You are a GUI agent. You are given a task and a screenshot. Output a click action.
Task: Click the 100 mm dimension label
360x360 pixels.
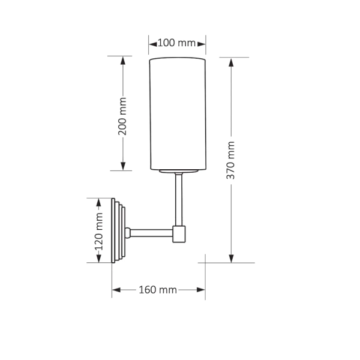pos(177,43)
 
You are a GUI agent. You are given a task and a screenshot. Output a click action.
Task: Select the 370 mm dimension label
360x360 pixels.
pos(232,160)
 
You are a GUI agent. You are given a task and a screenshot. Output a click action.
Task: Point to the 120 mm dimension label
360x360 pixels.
pos(99,231)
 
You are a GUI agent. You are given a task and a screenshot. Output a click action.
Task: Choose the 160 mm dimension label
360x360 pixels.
pos(158,290)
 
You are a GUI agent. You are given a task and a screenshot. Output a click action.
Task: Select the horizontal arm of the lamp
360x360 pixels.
pos(151,233)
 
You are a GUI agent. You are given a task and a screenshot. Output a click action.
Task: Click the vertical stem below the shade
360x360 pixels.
pos(178,199)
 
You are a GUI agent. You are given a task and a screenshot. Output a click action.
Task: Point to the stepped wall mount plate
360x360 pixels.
pos(118,231)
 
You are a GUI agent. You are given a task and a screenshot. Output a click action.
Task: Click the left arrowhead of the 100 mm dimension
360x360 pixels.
pos(153,43)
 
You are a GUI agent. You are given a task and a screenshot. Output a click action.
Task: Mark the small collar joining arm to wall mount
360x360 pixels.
pos(127,233)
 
